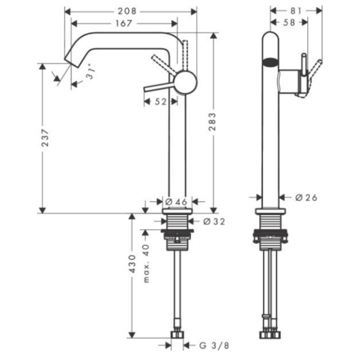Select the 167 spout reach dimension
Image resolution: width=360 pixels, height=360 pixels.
point(121,23)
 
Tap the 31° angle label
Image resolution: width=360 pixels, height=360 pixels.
point(91,75)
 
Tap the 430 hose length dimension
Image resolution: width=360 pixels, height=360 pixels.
point(132,265)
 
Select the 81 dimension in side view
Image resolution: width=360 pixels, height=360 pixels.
point(295,10)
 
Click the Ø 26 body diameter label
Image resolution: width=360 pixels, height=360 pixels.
point(306,197)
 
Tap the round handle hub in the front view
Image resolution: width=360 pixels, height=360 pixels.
point(185,82)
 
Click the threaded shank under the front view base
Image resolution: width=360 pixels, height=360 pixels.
point(178,222)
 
